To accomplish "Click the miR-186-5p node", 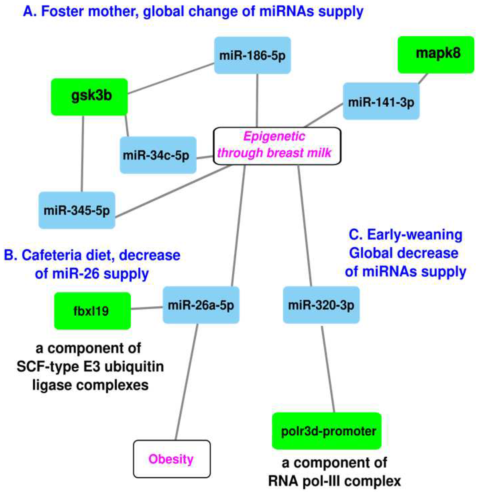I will pos(252,55).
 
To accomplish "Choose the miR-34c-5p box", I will pos(158,155).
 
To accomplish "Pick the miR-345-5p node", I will pos(77,210).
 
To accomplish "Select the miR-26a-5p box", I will pos(201,305).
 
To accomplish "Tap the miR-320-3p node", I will pos(321,305).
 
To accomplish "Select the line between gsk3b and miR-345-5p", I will pos(82,153).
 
